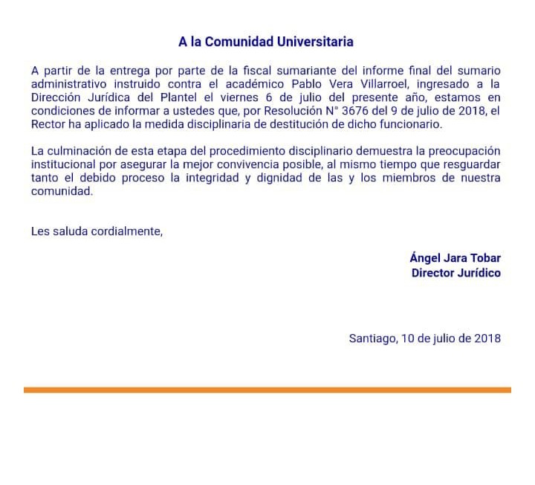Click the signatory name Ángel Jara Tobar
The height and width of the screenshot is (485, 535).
455,258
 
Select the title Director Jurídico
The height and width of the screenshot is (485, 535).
455,272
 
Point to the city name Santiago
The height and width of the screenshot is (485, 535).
372,338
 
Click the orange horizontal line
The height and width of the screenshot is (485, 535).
267,390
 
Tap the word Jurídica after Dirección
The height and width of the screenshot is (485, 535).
103,97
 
